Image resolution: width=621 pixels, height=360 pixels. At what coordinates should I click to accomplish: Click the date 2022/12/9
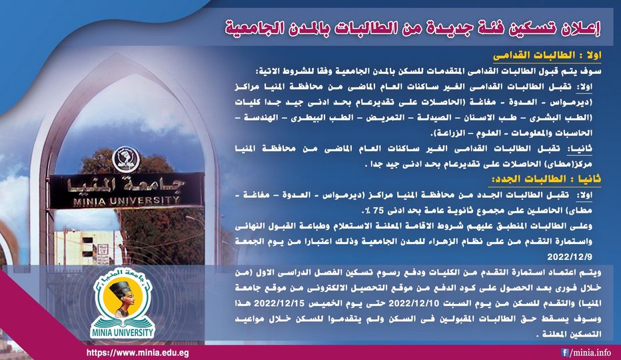570,257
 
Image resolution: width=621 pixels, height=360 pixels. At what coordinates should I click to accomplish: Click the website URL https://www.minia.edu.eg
137,353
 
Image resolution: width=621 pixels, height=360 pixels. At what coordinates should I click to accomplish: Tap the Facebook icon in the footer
564,352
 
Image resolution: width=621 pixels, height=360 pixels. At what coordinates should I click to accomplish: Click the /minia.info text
590,353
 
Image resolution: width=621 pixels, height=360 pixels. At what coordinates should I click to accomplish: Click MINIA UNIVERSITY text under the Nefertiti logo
122,332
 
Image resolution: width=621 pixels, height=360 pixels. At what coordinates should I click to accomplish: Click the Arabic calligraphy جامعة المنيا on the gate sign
126,185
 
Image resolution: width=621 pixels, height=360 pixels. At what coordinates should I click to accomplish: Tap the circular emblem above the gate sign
125,159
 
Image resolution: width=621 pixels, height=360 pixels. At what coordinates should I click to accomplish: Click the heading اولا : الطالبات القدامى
547,56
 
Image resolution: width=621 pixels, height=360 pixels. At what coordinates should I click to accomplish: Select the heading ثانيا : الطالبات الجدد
544,179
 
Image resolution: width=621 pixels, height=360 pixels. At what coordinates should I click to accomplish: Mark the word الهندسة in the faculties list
262,117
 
